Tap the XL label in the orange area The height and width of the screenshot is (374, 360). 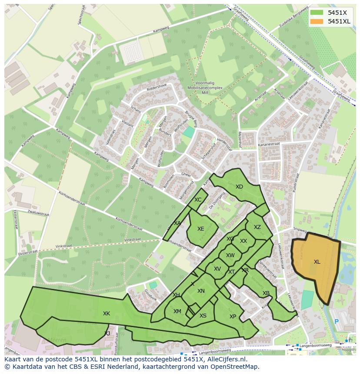tap(317, 262)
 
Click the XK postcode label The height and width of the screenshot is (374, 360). tap(107, 314)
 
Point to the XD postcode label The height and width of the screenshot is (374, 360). tap(239, 187)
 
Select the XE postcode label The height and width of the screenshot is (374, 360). tap(200, 229)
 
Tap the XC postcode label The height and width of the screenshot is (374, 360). tap(198, 200)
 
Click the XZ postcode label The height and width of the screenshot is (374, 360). tap(257, 227)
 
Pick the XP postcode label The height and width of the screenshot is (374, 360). tap(233, 317)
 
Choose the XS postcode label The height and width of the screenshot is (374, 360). tap(203, 316)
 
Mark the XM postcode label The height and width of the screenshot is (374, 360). tap(177, 311)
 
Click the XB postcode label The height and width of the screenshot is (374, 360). tap(266, 293)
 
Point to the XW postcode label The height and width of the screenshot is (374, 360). tap(230, 255)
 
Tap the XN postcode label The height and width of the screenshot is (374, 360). tap(201, 291)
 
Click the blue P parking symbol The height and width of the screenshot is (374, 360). tap(336, 322)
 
